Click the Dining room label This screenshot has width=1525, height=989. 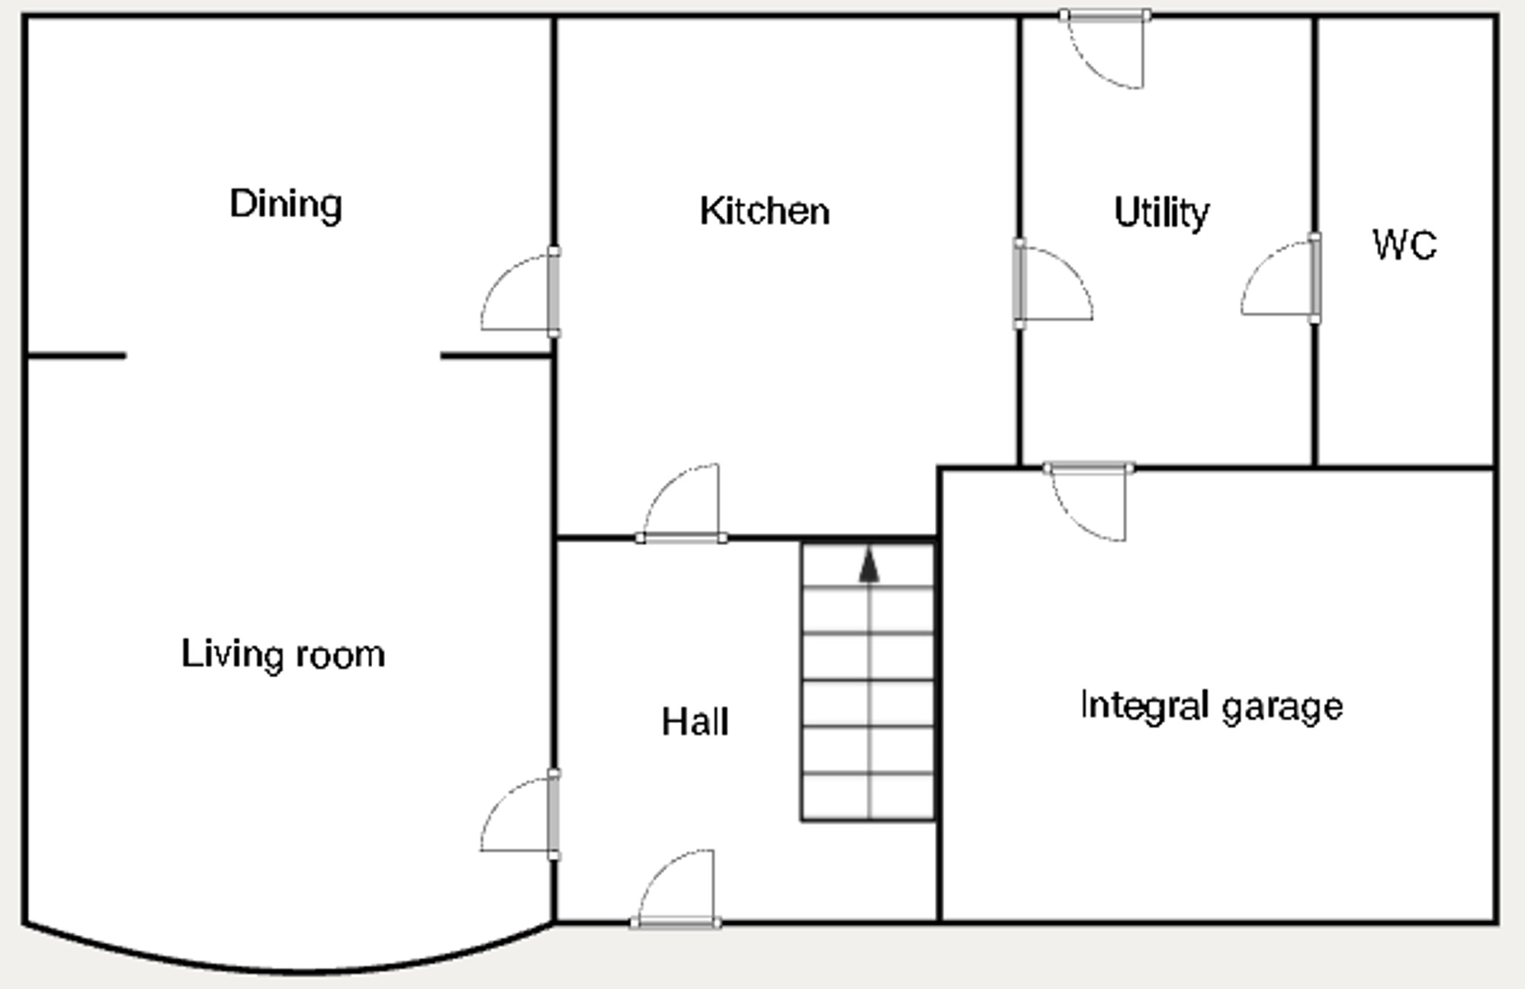click(286, 205)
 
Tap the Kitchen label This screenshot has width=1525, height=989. click(765, 211)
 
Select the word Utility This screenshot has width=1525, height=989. click(1161, 213)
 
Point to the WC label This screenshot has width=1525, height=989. click(1405, 246)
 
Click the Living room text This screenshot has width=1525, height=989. click(283, 655)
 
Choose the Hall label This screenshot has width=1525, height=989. click(695, 722)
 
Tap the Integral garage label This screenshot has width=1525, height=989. click(1212, 707)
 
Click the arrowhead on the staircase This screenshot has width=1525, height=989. click(869, 566)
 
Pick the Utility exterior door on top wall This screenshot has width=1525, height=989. click(1106, 50)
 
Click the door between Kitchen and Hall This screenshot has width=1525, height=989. click(681, 503)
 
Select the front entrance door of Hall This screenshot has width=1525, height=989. click(676, 889)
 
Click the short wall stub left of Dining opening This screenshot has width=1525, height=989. click(76, 355)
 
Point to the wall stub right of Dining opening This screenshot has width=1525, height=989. click(496, 356)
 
